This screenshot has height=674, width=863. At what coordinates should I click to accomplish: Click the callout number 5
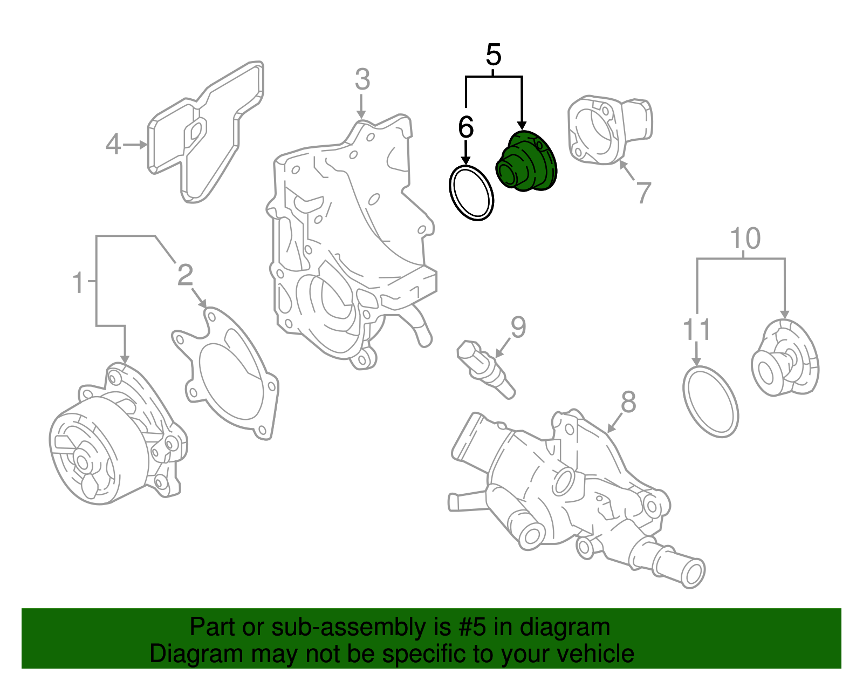click(494, 55)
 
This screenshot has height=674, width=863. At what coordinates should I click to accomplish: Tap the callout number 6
click(465, 128)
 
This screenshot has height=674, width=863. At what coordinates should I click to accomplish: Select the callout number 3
click(362, 80)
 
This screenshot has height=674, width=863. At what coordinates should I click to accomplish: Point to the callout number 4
click(113, 145)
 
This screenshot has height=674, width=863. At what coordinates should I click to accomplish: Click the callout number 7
click(643, 193)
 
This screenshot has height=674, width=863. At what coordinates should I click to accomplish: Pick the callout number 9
click(518, 328)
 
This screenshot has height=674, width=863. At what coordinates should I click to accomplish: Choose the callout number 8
click(628, 402)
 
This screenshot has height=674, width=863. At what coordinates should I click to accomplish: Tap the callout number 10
click(745, 239)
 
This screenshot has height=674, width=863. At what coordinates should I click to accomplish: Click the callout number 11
click(697, 330)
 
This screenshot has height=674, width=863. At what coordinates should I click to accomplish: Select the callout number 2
click(185, 275)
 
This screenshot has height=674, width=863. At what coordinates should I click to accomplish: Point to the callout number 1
click(79, 283)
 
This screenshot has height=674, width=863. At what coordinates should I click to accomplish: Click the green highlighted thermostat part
click(526, 161)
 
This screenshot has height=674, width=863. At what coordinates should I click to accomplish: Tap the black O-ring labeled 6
click(471, 193)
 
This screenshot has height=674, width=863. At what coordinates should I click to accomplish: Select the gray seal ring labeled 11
click(710, 401)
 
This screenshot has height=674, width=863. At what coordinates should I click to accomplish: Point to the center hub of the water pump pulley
click(82, 462)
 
